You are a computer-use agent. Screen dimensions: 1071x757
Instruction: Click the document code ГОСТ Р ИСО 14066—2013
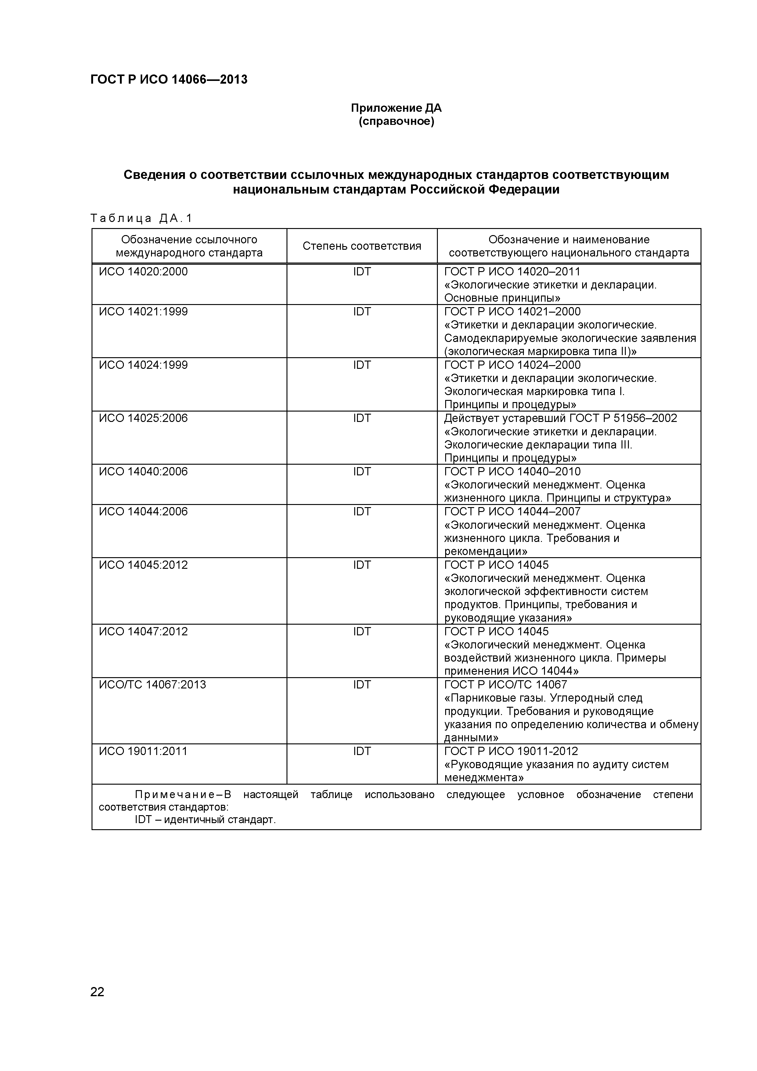tap(168, 80)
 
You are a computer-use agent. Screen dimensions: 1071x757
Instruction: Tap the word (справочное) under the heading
tap(396, 122)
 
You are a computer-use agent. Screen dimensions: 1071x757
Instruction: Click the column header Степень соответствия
tap(362, 246)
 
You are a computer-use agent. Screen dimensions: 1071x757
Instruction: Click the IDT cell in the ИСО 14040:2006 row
tap(362, 472)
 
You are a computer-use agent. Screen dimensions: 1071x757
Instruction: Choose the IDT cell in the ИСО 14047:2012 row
tap(362, 632)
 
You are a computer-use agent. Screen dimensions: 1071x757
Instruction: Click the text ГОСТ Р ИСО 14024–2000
tap(512, 365)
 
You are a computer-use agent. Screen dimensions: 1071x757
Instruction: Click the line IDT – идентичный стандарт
tap(205, 820)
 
